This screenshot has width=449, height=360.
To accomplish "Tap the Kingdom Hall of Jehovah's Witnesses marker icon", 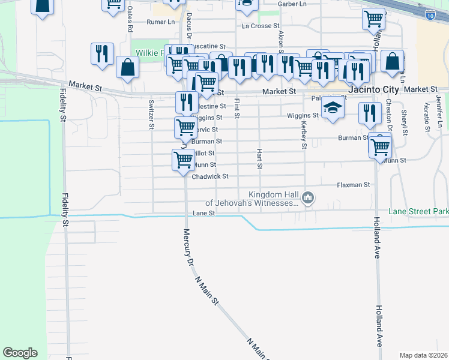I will [x=308, y=197].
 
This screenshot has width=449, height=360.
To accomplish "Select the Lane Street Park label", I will [x=418, y=212].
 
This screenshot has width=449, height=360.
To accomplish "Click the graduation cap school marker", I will [x=331, y=108].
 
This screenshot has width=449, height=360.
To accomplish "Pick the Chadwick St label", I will [x=210, y=176].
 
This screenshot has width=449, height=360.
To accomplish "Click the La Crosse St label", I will [x=261, y=26].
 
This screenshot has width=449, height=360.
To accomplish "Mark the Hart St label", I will [x=260, y=158].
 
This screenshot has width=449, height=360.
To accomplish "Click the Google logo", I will [x=20, y=353].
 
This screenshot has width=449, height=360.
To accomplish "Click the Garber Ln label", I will [x=292, y=4].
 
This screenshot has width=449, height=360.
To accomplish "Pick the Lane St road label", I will [x=203, y=214].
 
